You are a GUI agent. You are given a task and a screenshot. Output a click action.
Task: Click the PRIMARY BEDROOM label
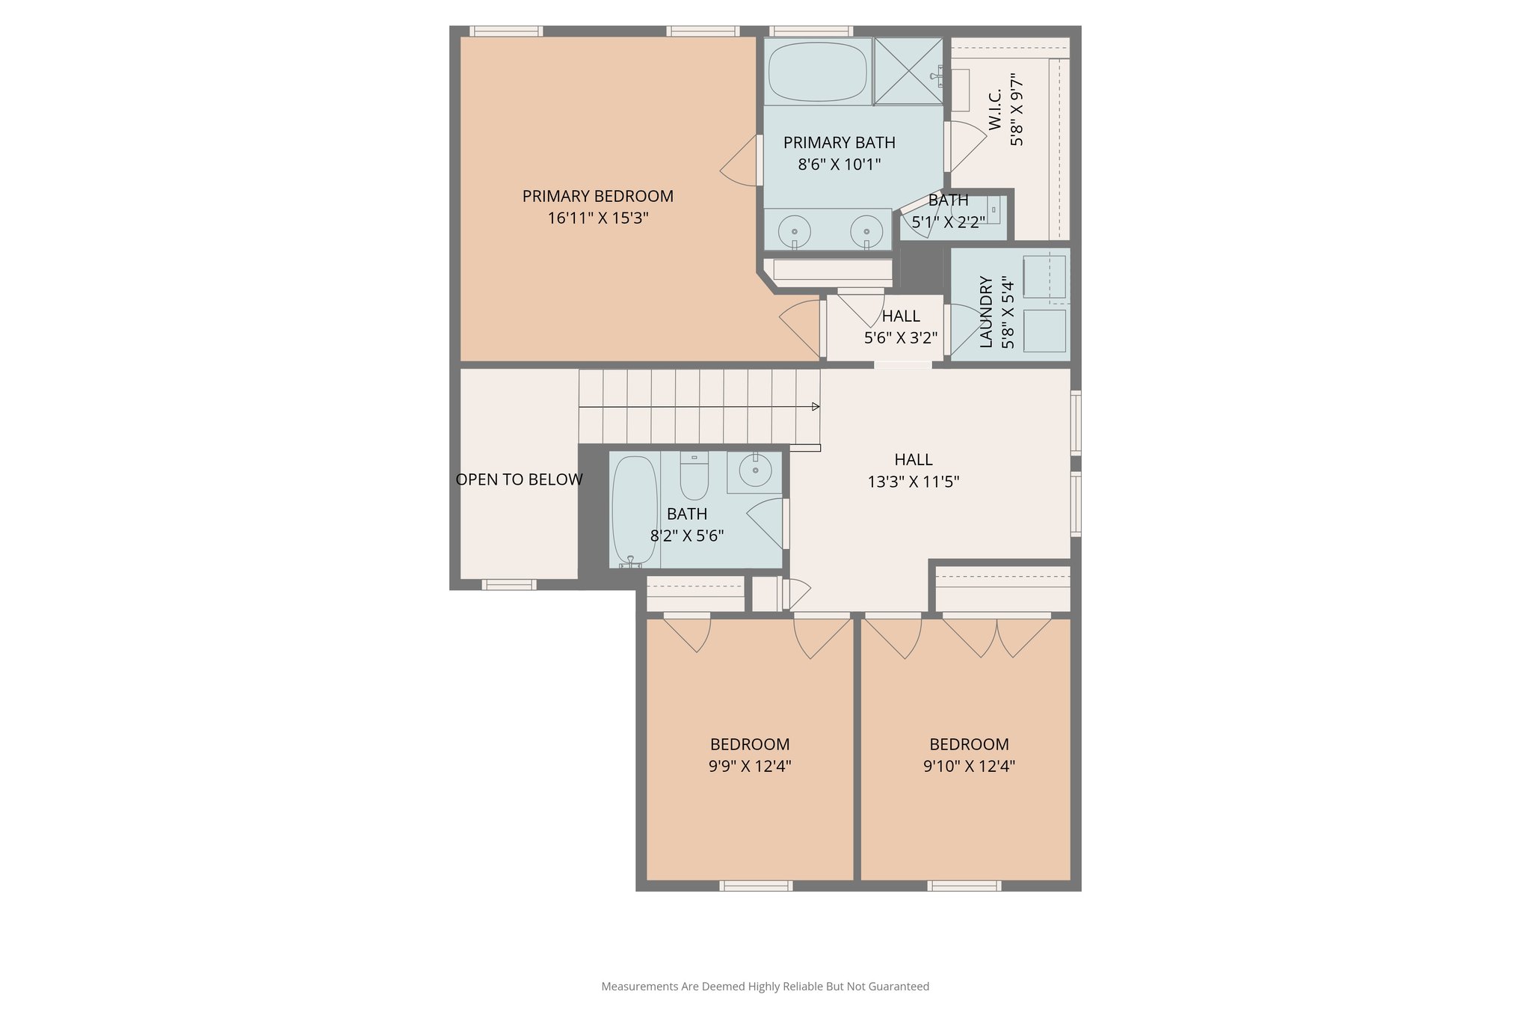[597, 196]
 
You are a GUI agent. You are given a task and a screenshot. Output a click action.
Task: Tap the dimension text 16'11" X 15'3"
[597, 218]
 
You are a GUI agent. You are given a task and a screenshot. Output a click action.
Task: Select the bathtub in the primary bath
[818, 72]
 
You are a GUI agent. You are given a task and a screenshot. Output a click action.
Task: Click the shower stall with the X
[908, 71]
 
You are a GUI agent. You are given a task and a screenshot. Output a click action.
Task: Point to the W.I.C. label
[995, 110]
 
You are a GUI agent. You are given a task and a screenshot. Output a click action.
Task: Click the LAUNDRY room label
[986, 312]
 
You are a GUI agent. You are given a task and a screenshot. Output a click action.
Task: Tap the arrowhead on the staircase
[816, 407]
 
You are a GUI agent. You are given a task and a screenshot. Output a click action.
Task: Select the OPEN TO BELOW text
[519, 479]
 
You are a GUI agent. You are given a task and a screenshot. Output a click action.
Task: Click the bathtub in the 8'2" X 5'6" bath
[634, 511]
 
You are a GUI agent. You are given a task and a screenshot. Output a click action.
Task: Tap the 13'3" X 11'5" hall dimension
[913, 482]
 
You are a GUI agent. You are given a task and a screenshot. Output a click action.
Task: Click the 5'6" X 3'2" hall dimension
[900, 338]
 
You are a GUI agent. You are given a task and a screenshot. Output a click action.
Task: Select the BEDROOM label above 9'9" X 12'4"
[749, 744]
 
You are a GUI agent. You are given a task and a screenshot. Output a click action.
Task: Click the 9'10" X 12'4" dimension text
[968, 766]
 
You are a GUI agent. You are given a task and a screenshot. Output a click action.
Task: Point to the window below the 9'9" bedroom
[755, 886]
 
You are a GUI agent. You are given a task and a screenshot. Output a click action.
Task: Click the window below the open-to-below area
[508, 585]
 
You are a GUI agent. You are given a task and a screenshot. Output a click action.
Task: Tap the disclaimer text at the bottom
[765, 987]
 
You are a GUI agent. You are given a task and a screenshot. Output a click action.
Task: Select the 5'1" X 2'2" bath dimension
[948, 222]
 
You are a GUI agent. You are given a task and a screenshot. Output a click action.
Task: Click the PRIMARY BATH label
[839, 142]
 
